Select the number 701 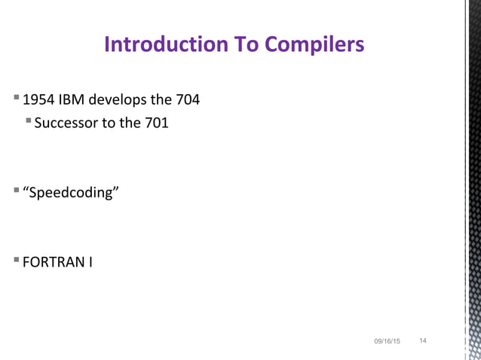155,123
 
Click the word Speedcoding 72,193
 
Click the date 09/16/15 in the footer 388,343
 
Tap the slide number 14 423,342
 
